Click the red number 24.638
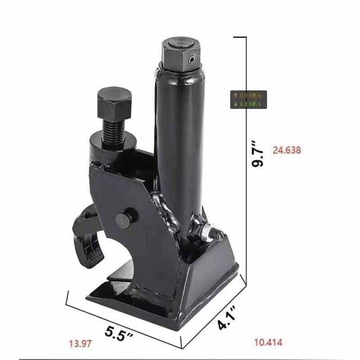point(287,150)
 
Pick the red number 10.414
point(268,343)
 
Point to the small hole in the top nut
point(193,59)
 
